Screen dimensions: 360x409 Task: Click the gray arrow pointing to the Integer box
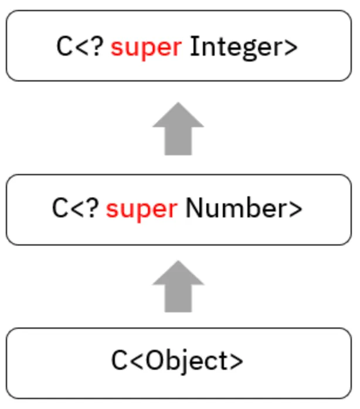178,129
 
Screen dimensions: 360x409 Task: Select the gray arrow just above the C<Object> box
178,287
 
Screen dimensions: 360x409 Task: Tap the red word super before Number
141,209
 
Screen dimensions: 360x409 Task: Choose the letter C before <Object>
119,361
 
